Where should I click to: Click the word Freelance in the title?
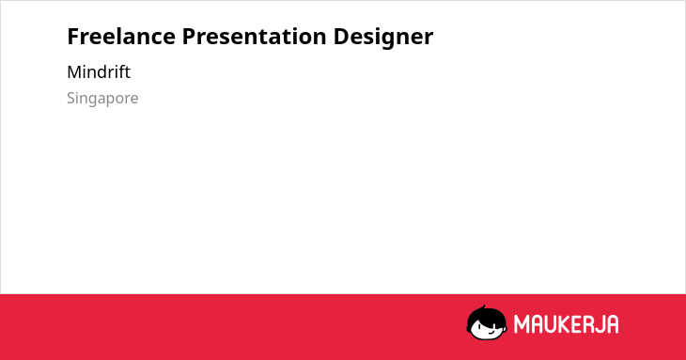[x=121, y=36]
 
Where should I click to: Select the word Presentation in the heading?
[x=254, y=36]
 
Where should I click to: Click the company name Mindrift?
[x=99, y=72]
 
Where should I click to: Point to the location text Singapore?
[x=102, y=99]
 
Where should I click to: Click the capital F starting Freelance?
[x=73, y=37]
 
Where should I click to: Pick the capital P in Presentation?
[x=189, y=37]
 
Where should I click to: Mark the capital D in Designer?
[x=341, y=37]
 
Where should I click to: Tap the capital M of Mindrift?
[x=74, y=72]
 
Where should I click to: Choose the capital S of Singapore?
[x=71, y=99]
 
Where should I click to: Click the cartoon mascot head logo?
[x=487, y=322]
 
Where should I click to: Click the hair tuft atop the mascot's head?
[x=483, y=307]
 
